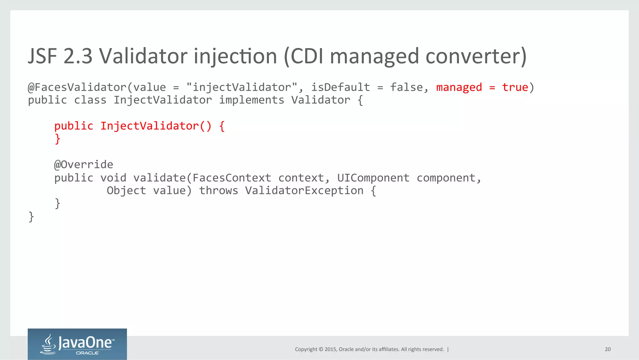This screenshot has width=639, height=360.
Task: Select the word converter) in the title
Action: [476, 56]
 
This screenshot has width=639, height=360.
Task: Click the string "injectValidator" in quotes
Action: [241, 87]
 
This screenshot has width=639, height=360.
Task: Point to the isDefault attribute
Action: [340, 87]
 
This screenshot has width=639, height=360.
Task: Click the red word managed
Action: [459, 87]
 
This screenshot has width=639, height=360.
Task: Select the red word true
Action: [515, 87]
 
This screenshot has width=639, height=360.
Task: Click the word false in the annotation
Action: [406, 87]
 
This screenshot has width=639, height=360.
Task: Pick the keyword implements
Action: [251, 100]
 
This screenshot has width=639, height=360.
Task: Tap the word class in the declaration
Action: [90, 100]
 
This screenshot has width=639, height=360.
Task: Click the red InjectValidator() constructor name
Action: [156, 126]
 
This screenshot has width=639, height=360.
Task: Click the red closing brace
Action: [57, 139]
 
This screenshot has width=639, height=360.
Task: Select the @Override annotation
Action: [84, 165]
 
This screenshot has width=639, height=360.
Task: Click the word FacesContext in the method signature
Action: [232, 178]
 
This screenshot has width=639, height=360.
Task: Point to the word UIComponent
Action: [373, 178]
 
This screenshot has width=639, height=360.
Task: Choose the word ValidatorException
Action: [304, 191]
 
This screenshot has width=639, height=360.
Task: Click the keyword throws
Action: [218, 191]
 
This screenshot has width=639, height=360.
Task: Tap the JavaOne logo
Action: [77, 344]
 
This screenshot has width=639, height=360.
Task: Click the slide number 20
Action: [607, 349]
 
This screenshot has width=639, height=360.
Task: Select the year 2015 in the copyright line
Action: [330, 349]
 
